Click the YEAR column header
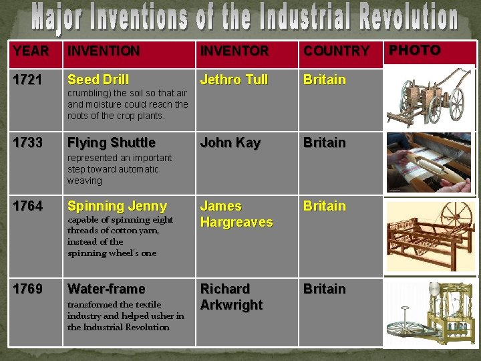[31, 51]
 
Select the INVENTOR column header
[234, 51]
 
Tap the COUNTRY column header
[336, 51]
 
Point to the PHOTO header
[415, 50]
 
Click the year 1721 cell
[27, 80]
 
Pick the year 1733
[27, 142]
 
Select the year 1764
[27, 206]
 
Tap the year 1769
[27, 289]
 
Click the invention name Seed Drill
[98, 80]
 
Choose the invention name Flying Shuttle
[111, 142]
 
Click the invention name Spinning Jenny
[117, 206]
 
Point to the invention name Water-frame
[106, 289]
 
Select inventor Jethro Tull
[234, 80]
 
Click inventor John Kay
[230, 142]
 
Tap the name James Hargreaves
[236, 214]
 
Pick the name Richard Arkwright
[232, 297]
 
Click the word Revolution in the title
[403, 19]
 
